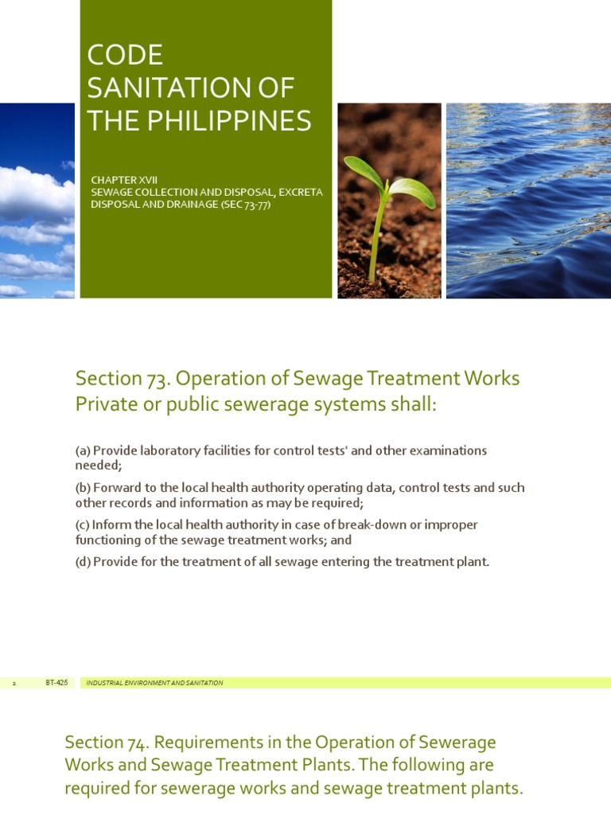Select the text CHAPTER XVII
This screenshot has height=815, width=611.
[124, 181]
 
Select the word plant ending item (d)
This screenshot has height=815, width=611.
[469, 562]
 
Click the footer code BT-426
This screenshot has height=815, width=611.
[56, 683]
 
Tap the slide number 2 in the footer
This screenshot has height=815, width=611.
[14, 683]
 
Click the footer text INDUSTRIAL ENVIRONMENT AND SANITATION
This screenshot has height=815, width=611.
[154, 683]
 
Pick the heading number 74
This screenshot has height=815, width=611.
[135, 743]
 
